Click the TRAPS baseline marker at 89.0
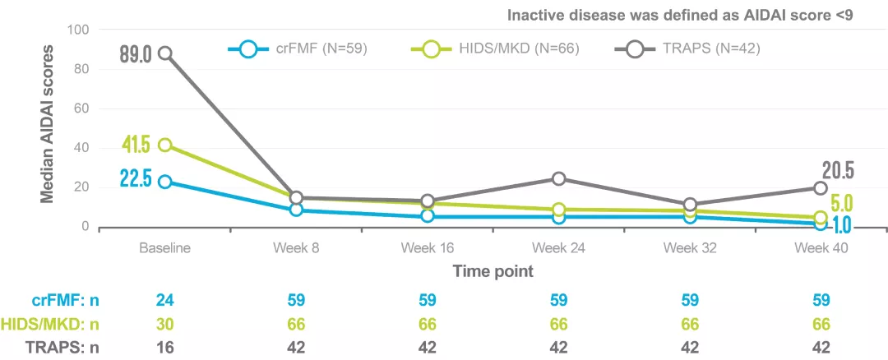[165, 53]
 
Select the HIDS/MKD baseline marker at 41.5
[165, 145]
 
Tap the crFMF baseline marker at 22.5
[165, 182]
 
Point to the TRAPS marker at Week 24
[558, 178]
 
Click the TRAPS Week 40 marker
[820, 188]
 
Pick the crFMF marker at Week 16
[428, 215]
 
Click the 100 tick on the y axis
[77, 30]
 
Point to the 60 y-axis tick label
[81, 108]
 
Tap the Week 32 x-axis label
[689, 247]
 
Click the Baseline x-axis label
[165, 247]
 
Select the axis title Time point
[493, 270]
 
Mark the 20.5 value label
[839, 171]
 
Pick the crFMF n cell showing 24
[165, 301]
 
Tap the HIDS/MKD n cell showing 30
[165, 324]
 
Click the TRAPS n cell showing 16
[165, 347]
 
